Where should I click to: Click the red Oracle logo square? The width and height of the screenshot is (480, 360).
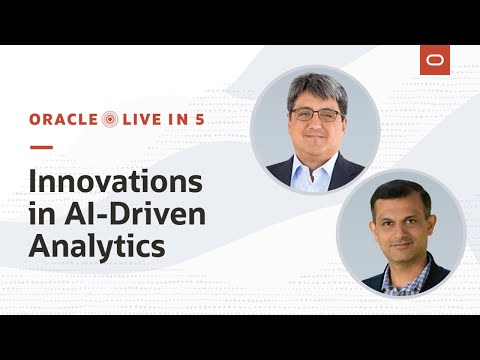pyautogui.click(x=435, y=60)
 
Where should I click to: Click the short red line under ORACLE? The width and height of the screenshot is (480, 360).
pyautogui.click(x=40, y=147)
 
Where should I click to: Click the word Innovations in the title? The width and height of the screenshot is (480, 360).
pyautogui.click(x=116, y=184)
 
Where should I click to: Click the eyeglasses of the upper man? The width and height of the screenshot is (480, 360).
pyautogui.click(x=316, y=116)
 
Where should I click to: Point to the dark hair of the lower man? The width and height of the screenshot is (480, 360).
pyautogui.click(x=398, y=192)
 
